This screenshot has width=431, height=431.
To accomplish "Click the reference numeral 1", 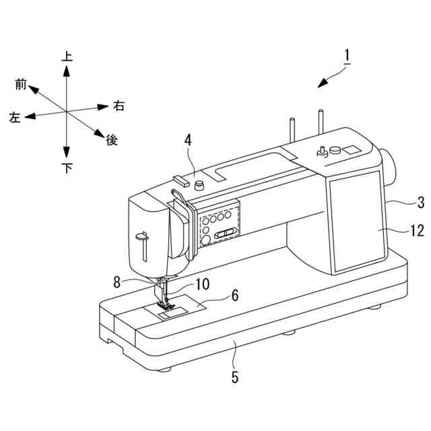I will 346,56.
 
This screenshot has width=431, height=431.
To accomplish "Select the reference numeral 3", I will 420,201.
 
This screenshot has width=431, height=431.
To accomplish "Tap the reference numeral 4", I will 188,140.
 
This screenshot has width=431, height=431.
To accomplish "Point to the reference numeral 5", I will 234,377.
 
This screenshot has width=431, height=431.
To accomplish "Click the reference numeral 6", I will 234,294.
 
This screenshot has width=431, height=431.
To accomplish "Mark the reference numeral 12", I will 417,231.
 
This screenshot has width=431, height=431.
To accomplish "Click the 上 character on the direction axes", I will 67,57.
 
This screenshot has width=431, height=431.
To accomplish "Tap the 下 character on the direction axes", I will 67,168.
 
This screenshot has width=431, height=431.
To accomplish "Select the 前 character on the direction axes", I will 21,84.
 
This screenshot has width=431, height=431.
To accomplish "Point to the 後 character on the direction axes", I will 112,140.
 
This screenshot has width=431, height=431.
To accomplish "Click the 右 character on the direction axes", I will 119,105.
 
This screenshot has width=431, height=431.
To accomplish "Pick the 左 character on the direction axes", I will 15,118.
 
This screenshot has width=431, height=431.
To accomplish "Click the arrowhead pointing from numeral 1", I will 322,84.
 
